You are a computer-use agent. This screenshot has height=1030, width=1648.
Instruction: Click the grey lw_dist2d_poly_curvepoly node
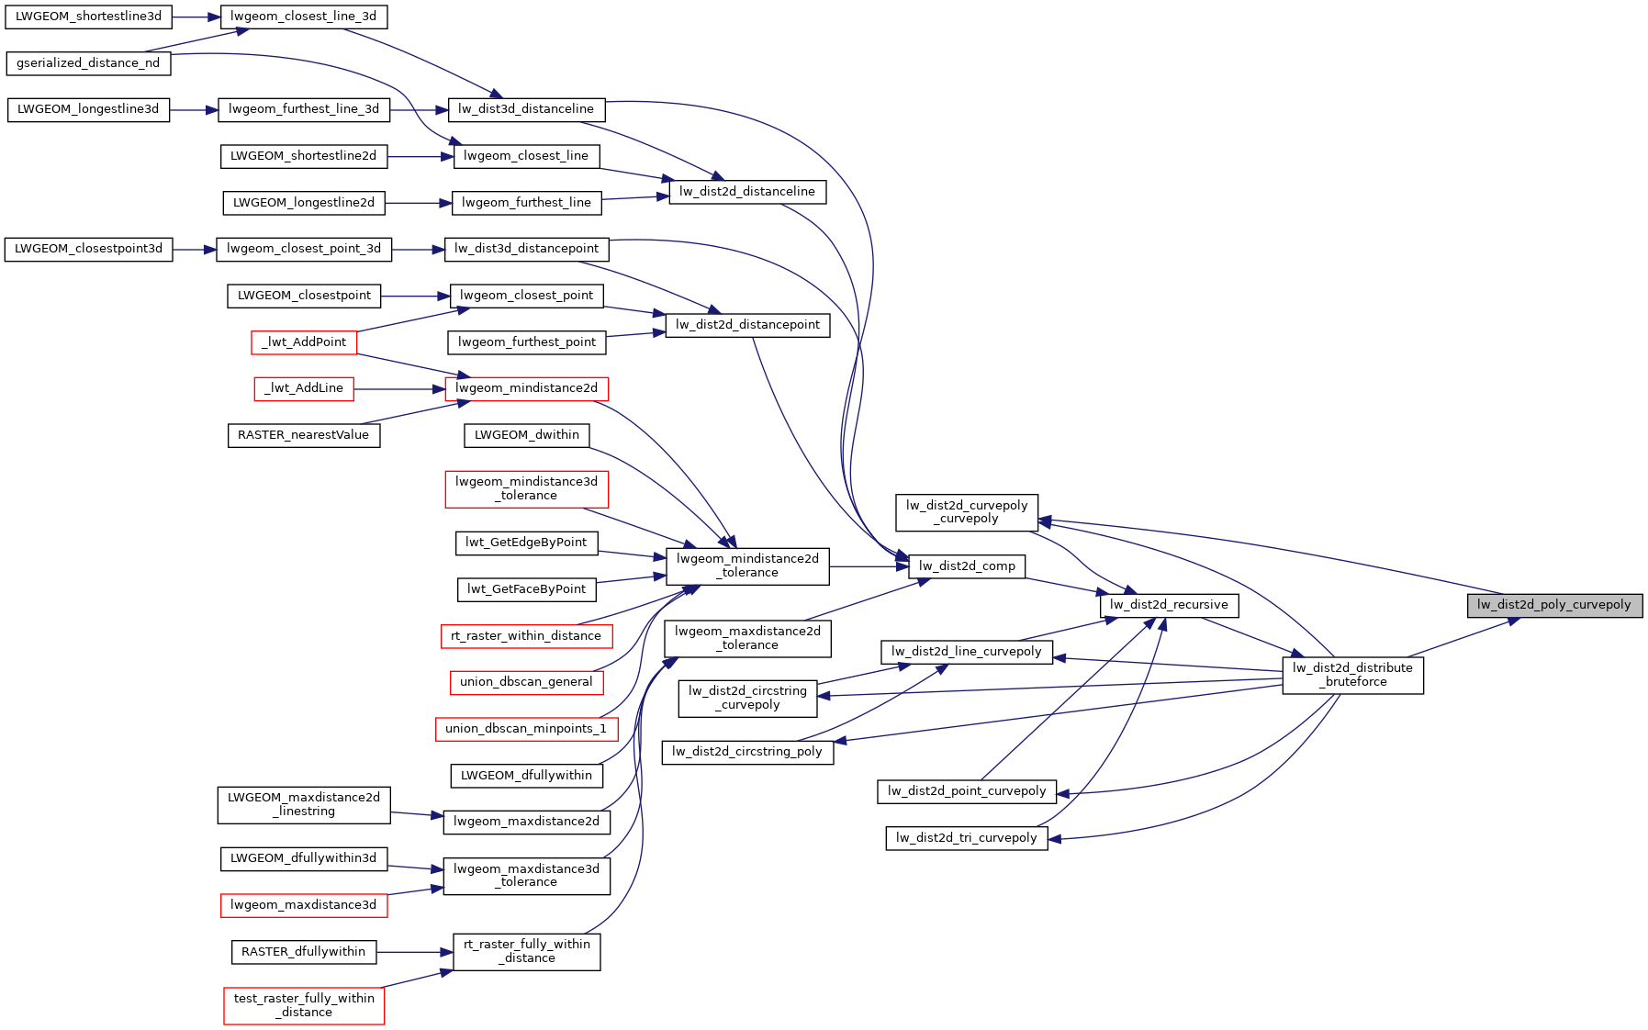point(1553,605)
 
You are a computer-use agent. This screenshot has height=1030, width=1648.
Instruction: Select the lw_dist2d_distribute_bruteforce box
point(1352,675)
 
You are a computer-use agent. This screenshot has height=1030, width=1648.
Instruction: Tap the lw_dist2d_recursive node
point(1169,605)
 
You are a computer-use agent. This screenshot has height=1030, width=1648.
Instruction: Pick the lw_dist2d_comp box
point(967,566)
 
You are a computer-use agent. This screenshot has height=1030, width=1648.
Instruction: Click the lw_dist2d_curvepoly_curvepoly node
point(967,512)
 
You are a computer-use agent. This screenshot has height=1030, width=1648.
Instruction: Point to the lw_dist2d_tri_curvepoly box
point(966,838)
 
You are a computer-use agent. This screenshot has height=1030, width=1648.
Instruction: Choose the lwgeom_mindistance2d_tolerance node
point(747,565)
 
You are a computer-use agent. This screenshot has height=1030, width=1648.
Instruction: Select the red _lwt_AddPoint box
point(304,342)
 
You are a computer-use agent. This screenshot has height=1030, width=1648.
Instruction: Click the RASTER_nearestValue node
point(303,435)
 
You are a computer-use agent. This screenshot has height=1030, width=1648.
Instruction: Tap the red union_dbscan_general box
point(526,682)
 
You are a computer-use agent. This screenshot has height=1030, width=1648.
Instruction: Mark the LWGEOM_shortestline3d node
point(88,17)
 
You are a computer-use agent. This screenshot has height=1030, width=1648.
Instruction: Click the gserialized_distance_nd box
point(88,63)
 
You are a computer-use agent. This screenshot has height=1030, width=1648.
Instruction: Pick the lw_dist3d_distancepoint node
point(526,249)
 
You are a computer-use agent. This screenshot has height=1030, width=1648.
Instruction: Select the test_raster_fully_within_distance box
point(304,1005)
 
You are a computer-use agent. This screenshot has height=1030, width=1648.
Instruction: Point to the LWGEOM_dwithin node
point(526,435)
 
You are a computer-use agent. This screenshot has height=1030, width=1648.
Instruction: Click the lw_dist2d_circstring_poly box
point(747,752)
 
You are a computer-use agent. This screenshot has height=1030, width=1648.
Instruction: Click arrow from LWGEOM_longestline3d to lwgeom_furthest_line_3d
point(194,110)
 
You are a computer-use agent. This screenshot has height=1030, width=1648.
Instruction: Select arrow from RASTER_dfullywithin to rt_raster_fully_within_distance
point(414,952)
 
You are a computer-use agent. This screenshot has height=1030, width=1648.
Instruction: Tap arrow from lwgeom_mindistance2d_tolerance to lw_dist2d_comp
point(869,566)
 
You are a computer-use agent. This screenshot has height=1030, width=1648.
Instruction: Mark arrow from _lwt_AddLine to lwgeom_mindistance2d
point(399,389)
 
